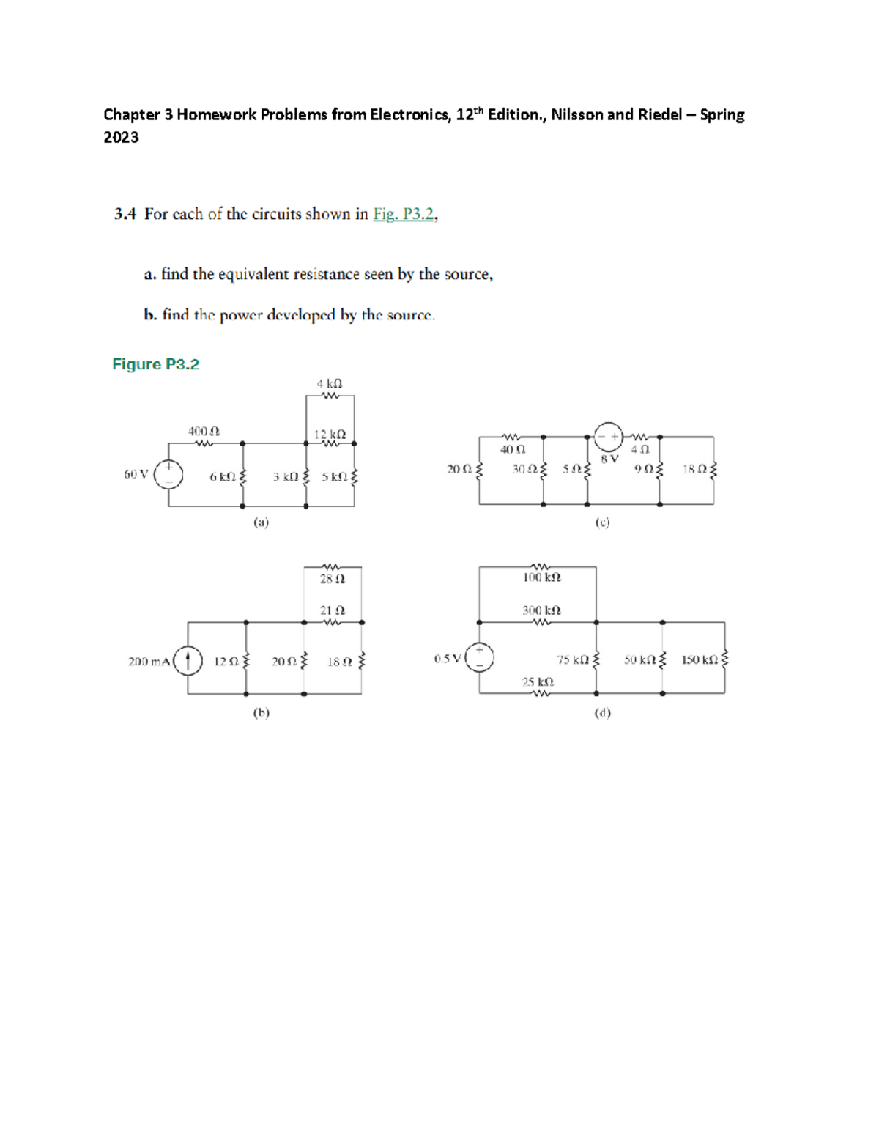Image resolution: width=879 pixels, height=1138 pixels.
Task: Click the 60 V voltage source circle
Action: pyautogui.click(x=168, y=474)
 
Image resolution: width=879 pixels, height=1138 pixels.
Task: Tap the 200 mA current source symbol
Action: pyautogui.click(x=188, y=661)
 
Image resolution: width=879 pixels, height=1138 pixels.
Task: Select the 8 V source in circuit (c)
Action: pyautogui.click(x=608, y=437)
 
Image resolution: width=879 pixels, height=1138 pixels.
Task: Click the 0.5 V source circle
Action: pyautogui.click(x=480, y=657)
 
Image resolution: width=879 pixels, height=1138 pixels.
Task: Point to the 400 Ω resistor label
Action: pyautogui.click(x=203, y=432)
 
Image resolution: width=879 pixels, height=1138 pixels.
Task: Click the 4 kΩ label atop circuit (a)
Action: pyautogui.click(x=330, y=383)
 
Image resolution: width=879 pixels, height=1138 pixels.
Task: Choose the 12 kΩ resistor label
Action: pyautogui.click(x=330, y=434)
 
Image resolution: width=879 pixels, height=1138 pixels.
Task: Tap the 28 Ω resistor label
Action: pyautogui.click(x=332, y=579)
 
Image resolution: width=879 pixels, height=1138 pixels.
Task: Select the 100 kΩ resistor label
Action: pyautogui.click(x=541, y=577)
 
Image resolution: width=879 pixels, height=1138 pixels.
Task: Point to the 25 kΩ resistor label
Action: pyautogui.click(x=538, y=681)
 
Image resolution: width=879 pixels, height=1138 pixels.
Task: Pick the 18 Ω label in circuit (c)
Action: pyautogui.click(x=694, y=469)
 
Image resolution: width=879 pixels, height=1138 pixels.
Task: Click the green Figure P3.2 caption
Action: pyautogui.click(x=155, y=364)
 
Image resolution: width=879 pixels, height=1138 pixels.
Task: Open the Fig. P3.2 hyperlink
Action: pyautogui.click(x=404, y=214)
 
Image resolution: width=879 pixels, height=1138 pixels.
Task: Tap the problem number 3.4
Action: pyautogui.click(x=125, y=214)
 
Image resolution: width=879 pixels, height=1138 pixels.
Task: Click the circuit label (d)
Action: pyautogui.click(x=602, y=712)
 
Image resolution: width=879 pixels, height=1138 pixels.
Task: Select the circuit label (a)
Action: pyautogui.click(x=261, y=522)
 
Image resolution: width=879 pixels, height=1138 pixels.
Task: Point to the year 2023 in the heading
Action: pyautogui.click(x=121, y=137)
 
